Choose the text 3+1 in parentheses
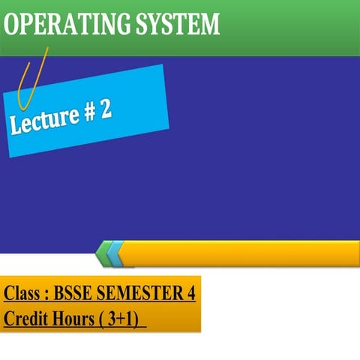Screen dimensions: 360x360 tap(121, 318)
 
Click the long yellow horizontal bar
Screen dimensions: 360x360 tap(240, 253)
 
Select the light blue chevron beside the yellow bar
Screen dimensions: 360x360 tap(113, 253)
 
